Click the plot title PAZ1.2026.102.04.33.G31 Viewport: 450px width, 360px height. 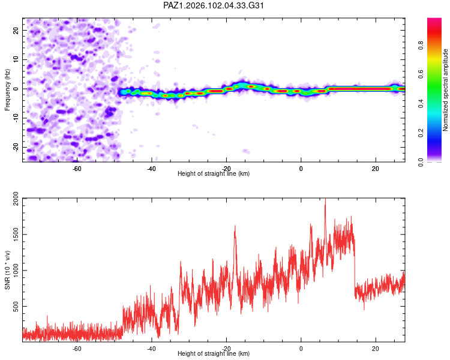tap(213, 5)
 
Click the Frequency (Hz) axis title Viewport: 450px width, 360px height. tap(7, 90)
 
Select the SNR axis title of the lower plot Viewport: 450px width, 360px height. tap(7, 270)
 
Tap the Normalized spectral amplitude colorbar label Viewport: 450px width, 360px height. tap(445, 90)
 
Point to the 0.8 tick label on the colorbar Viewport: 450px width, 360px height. tap(421, 46)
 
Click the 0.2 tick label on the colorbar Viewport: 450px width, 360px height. tap(421, 133)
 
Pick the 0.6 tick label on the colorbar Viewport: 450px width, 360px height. tap(421, 74)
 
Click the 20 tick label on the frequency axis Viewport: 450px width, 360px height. tap(16, 31)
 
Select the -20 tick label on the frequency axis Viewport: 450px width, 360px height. tap(16, 147)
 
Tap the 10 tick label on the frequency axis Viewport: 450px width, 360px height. tap(16, 59)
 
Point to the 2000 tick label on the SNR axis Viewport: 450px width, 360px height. tap(16, 199)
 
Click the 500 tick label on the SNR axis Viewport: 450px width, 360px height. tap(16, 307)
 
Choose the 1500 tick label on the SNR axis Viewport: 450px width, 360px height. tap(16, 235)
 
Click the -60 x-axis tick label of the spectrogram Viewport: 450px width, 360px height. tap(77, 169)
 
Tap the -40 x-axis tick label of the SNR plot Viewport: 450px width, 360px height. tap(151, 349)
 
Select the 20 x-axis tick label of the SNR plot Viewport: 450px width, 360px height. tap(376, 349)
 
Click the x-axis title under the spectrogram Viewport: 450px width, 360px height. tap(214, 173)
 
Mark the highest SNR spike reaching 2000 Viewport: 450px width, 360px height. tap(325, 199)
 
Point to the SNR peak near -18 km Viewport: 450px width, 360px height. tap(235, 227)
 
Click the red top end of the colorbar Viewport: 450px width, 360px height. tap(434, 19)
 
